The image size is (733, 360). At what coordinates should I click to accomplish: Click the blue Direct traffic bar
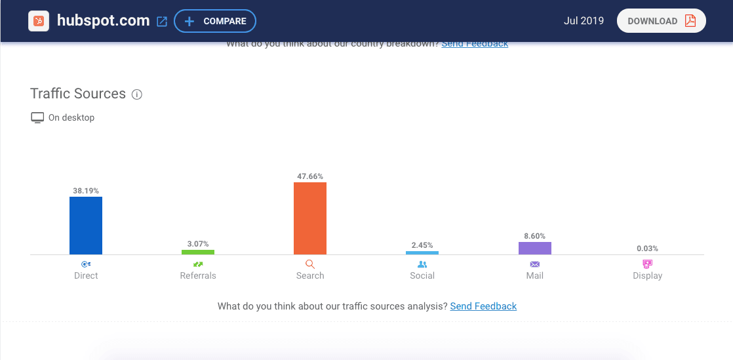pos(86,226)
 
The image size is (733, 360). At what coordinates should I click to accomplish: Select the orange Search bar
pos(310,218)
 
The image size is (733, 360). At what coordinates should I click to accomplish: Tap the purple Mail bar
pos(534,248)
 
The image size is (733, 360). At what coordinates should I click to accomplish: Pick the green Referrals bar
pos(198,252)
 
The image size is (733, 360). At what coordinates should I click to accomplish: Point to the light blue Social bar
pos(422,252)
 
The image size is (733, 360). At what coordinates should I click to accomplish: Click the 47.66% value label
pos(310,176)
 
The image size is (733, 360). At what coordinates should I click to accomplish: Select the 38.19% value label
pos(86,191)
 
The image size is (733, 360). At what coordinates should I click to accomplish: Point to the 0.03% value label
pos(647,249)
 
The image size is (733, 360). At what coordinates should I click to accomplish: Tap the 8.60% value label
pos(534,236)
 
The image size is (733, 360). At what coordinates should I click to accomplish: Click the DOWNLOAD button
pos(661,21)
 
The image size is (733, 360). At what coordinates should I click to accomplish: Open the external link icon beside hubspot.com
pos(162,22)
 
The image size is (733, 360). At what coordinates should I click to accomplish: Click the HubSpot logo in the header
pos(39,21)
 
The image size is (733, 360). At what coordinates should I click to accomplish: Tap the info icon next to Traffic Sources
pos(137,94)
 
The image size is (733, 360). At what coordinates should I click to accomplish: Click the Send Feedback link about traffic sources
pos(483,306)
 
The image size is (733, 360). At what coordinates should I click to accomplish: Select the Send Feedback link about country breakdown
pos(475,44)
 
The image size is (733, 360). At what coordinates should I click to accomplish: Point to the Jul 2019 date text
pos(584,21)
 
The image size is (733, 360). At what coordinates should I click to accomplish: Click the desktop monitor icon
pos(37,118)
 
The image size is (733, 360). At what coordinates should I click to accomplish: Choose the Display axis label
pos(647,275)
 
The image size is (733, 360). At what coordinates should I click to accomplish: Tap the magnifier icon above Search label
pos(310,264)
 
